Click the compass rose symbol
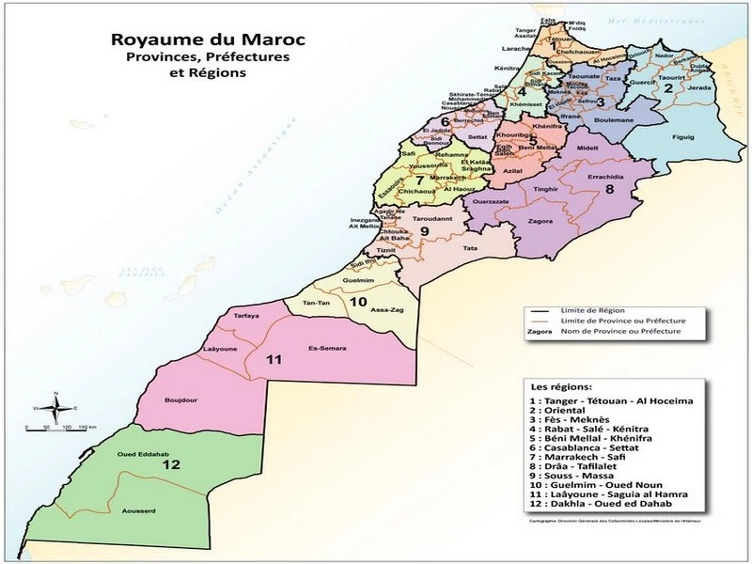tap(56, 408)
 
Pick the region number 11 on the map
tap(274, 360)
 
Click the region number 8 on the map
tap(609, 189)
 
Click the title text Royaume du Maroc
tap(188, 41)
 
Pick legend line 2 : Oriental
tap(558, 411)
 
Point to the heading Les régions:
tap(562, 387)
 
